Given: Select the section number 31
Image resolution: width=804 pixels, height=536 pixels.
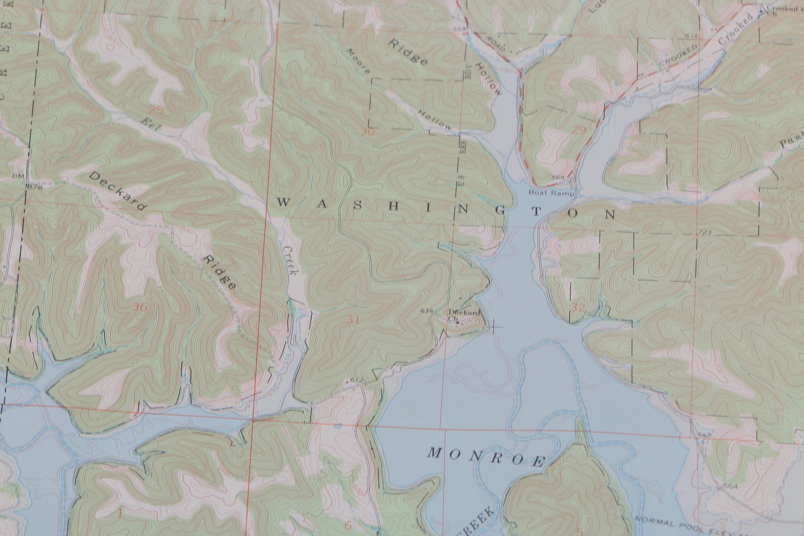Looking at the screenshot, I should (x=353, y=320).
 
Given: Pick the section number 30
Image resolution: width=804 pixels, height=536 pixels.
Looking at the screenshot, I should (x=368, y=132).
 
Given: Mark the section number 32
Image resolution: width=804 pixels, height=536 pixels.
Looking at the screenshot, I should (x=578, y=308).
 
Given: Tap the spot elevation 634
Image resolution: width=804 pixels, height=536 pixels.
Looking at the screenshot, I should (x=427, y=311).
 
